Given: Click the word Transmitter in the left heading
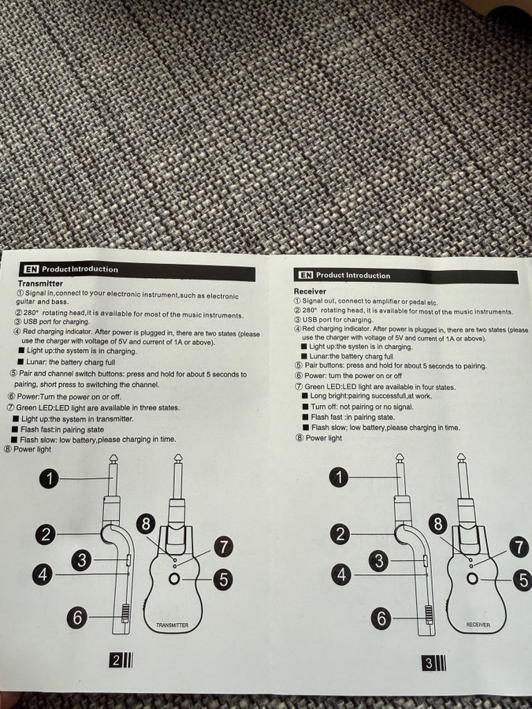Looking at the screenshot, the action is point(40,284).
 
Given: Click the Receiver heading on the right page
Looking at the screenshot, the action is point(310,291).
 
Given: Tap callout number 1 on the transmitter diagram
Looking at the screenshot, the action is point(49,478).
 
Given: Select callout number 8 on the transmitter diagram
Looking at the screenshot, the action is point(146,524).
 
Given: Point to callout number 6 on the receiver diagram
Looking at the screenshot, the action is point(381,618).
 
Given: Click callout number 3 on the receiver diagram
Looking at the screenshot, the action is point(379,561).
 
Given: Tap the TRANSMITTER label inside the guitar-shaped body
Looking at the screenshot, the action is point(172,625).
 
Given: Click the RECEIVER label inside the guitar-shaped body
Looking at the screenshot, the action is point(478,625).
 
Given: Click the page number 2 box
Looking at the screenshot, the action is point(116,660).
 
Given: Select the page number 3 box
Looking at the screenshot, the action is point(429,663).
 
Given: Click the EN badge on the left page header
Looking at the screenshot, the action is point(32,269).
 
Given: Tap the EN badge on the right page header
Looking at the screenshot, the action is point(306,274).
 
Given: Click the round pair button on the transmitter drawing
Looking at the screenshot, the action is point(174,578).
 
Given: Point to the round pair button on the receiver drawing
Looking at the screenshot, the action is point(473,578).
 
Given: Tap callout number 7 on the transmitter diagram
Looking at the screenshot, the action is point(223,546).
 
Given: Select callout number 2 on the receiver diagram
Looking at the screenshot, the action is point(340,534).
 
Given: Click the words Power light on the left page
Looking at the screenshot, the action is point(32,449).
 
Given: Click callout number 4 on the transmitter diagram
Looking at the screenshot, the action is point(42,575).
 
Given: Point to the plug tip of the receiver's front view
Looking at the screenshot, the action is point(460,458).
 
